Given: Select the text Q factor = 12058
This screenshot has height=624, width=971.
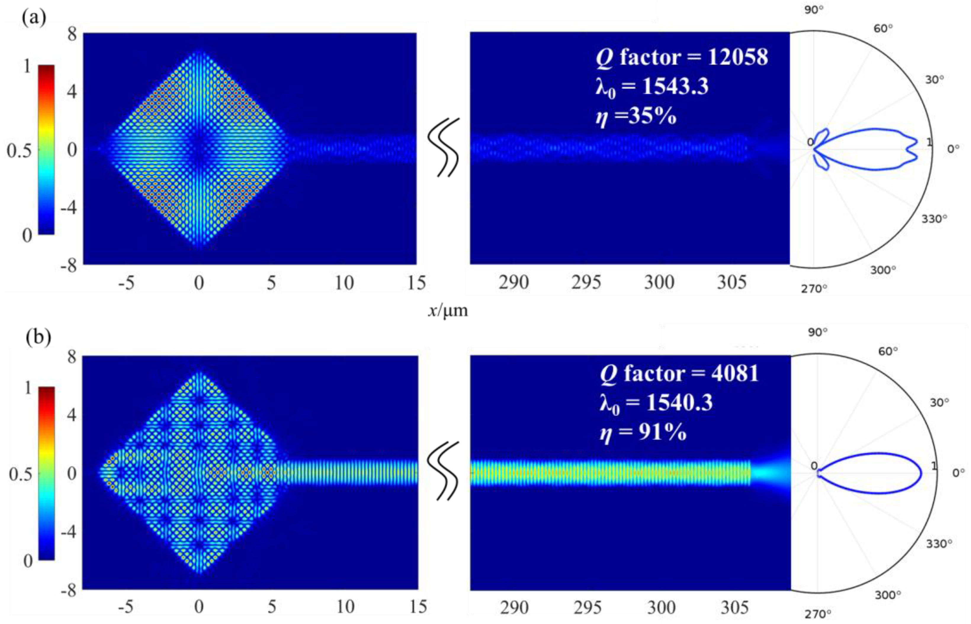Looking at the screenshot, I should [681, 57].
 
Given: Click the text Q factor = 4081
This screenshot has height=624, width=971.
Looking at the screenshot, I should [679, 373].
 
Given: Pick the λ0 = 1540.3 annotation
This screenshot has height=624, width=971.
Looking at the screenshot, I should [656, 403].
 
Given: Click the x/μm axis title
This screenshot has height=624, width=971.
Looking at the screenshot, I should [447, 311].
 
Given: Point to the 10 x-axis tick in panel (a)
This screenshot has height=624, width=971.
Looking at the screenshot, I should [344, 283].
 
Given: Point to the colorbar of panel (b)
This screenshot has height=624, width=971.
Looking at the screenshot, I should [46, 473].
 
